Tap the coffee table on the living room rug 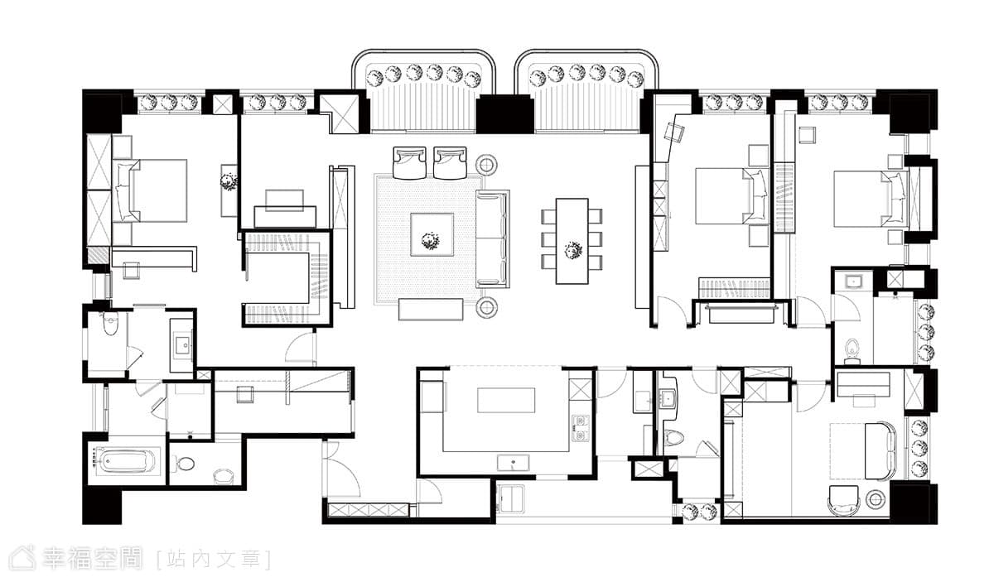[x=432, y=234]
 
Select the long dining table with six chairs [x=572, y=241]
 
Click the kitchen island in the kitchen [x=506, y=400]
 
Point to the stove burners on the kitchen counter [x=580, y=429]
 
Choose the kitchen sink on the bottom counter [x=513, y=463]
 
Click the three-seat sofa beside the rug [x=493, y=238]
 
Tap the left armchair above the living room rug [x=409, y=163]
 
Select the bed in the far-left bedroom [x=151, y=190]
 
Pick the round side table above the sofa [x=486, y=165]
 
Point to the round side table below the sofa [x=487, y=307]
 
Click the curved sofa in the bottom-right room [x=881, y=450]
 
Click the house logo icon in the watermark [x=22, y=558]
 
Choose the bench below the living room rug [x=431, y=309]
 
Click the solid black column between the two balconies [x=505, y=114]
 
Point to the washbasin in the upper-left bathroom [x=182, y=345]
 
